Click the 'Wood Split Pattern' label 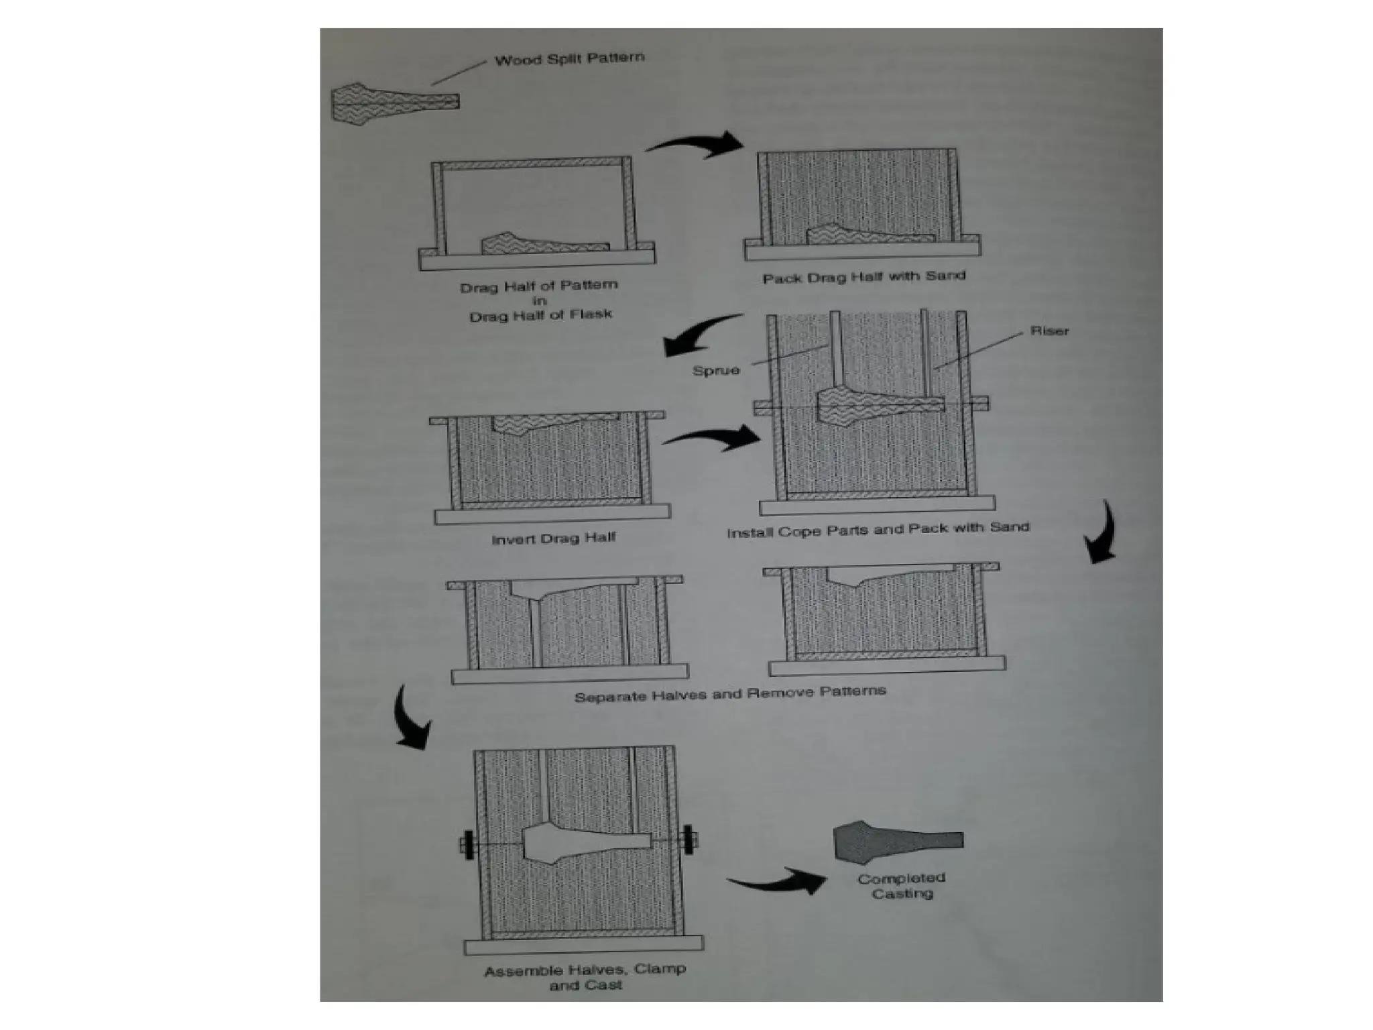point(569,59)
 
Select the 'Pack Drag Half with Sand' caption point(863,276)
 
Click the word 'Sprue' point(716,370)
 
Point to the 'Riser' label point(1049,331)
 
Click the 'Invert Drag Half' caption point(554,538)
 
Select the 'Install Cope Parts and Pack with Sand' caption point(878,529)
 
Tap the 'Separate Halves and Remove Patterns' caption point(730,693)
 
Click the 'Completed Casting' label point(902,885)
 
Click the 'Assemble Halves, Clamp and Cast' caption point(585,976)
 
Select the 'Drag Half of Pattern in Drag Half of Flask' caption point(540,300)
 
